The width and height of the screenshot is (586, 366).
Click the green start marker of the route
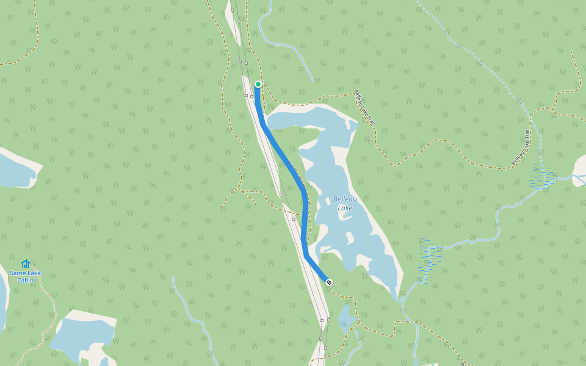coord(258,84)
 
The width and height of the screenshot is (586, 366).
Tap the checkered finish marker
coord(330,282)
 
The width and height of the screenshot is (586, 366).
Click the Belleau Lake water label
coord(344,204)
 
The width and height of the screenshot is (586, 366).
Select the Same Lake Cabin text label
coord(26,276)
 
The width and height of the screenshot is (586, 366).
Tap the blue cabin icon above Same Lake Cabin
coord(26,264)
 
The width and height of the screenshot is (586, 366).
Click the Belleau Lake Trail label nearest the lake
coord(364,107)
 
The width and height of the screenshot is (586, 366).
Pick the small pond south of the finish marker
coord(345,317)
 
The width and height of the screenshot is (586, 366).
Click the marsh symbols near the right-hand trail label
coord(541,176)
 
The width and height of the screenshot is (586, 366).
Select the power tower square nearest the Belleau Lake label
coord(294,218)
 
